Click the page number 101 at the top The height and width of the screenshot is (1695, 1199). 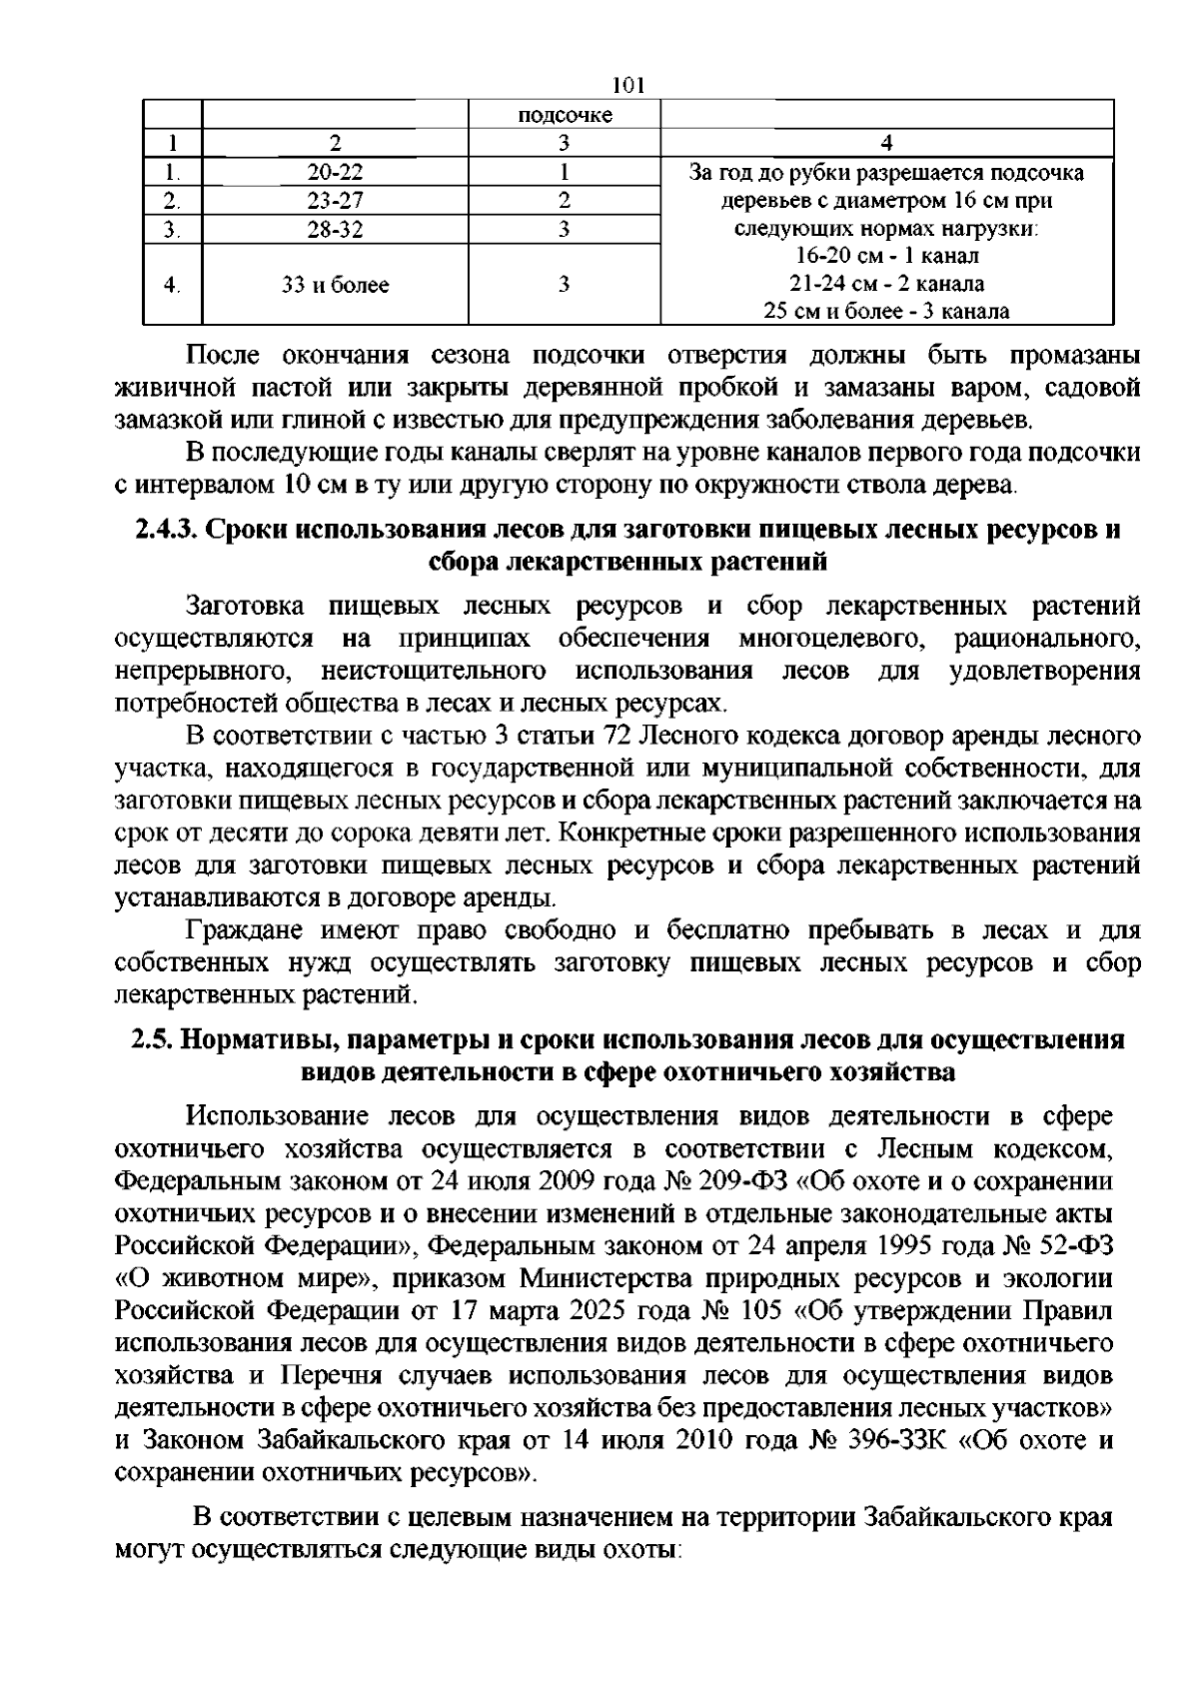pyautogui.click(x=628, y=86)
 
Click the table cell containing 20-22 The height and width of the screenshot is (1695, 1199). pyautogui.click(x=335, y=172)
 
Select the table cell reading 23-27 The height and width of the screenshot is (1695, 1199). pyautogui.click(x=335, y=200)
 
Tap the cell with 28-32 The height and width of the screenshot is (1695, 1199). pyautogui.click(x=335, y=229)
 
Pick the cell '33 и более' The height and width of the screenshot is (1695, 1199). pyautogui.click(x=335, y=285)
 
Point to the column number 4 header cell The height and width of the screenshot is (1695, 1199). pyautogui.click(x=886, y=143)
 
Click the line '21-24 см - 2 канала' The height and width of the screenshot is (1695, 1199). pyautogui.click(x=886, y=284)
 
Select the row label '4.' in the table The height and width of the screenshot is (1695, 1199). pyautogui.click(x=172, y=285)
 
